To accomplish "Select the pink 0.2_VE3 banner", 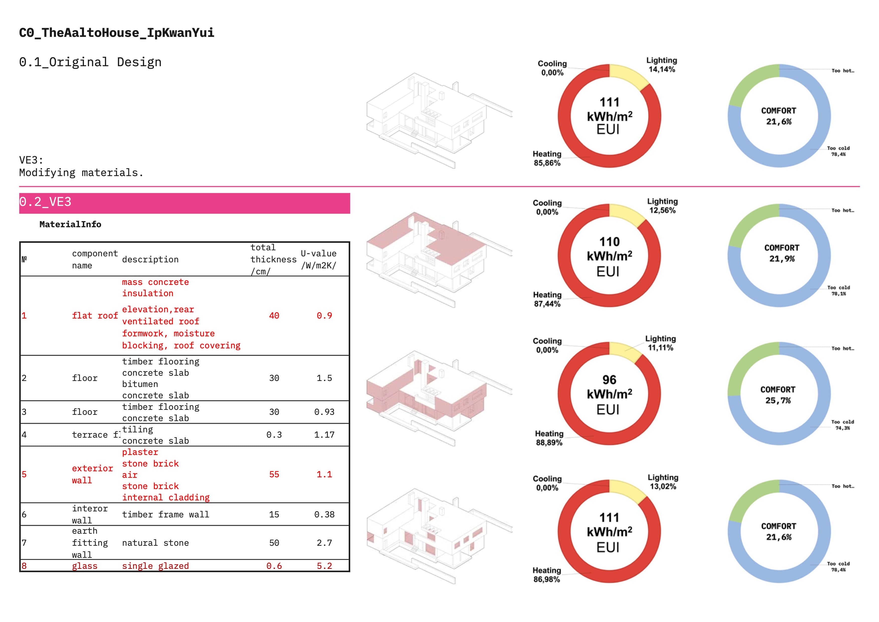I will pyautogui.click(x=184, y=203).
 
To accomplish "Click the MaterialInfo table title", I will pyautogui.click(x=70, y=224).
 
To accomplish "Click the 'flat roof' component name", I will pyautogui.click(x=94, y=316).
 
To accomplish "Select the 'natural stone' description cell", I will pyautogui.click(x=155, y=543).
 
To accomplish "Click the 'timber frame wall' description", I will pyautogui.click(x=165, y=514).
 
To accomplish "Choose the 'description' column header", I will pyautogui.click(x=150, y=259).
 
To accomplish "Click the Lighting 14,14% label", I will pyautogui.click(x=661, y=65).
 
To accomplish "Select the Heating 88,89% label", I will pyautogui.click(x=549, y=438).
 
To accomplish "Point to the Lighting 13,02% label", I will pyautogui.click(x=663, y=482).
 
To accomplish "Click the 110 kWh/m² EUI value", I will pyautogui.click(x=609, y=256).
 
